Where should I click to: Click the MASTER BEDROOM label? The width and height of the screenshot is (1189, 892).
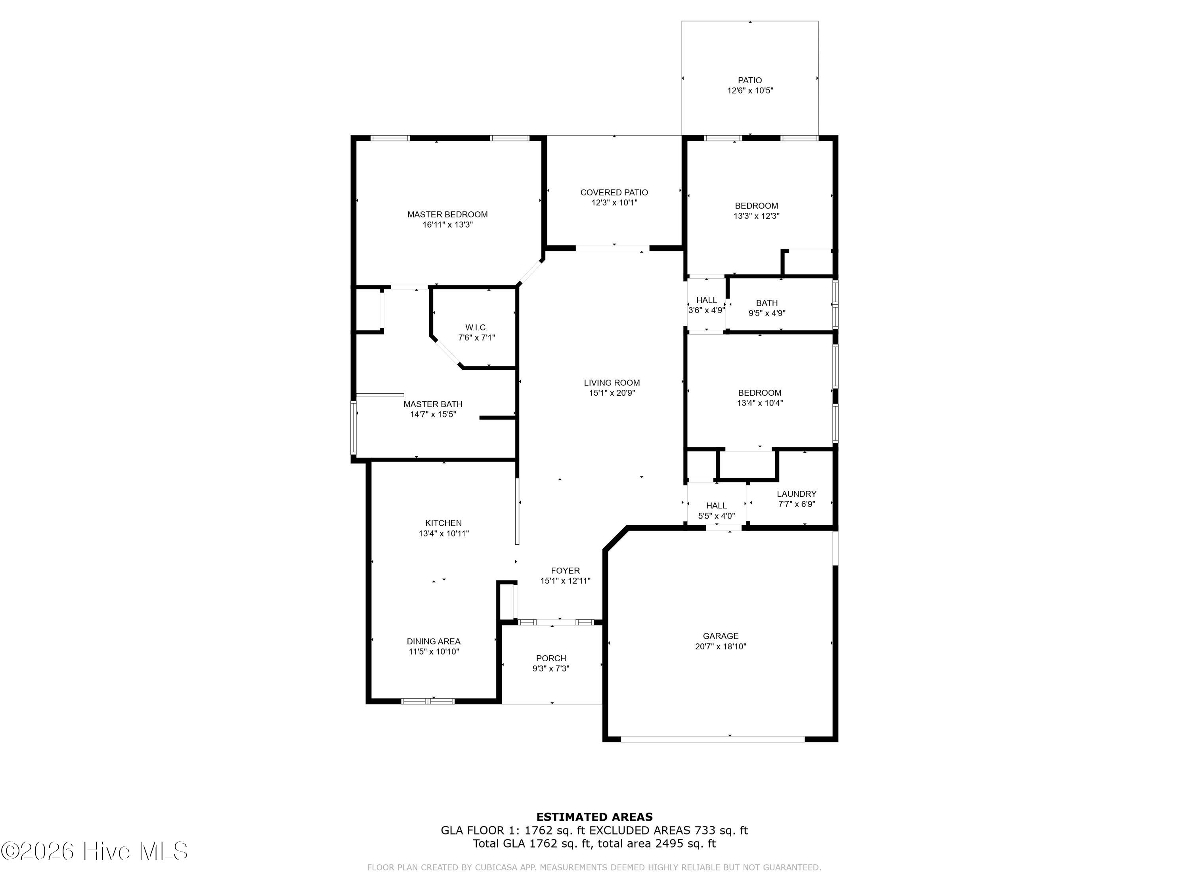click(x=447, y=214)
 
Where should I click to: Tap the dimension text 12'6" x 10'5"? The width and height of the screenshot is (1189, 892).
click(x=750, y=91)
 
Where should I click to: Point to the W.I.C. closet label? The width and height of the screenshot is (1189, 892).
click(x=476, y=327)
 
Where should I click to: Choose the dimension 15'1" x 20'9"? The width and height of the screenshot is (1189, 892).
click(x=612, y=393)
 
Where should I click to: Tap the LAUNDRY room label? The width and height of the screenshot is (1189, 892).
click(x=796, y=494)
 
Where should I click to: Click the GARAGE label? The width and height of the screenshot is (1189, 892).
click(x=720, y=636)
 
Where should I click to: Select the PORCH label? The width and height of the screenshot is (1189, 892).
click(x=551, y=658)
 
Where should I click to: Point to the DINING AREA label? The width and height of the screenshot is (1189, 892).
click(x=433, y=641)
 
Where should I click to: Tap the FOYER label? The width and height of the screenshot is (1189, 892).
click(x=565, y=570)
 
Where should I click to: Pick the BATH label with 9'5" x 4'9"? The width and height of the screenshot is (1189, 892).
click(x=767, y=303)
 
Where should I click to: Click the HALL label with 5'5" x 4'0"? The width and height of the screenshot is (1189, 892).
click(x=716, y=505)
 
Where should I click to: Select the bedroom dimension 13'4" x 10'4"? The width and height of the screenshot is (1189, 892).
click(x=759, y=403)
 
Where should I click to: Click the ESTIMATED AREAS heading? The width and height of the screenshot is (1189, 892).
click(x=594, y=817)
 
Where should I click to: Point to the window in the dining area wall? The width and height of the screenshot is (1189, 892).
click(x=428, y=701)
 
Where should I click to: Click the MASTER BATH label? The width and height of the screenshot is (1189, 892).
click(x=433, y=404)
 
